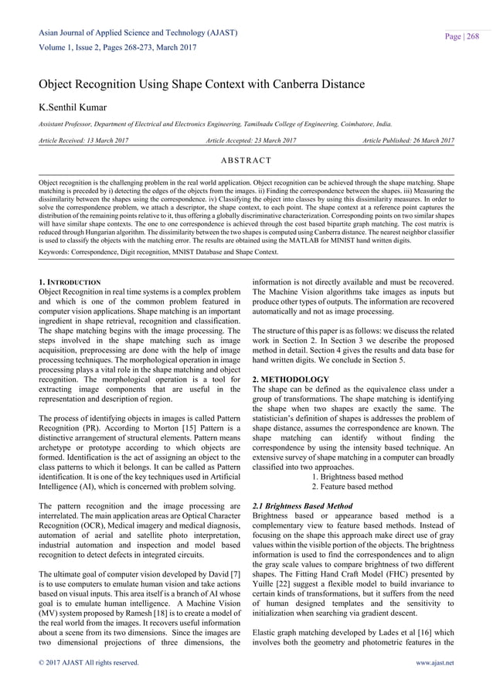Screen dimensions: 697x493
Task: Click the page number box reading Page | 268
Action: [461, 36]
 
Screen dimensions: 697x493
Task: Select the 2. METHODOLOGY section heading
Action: [291, 379]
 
